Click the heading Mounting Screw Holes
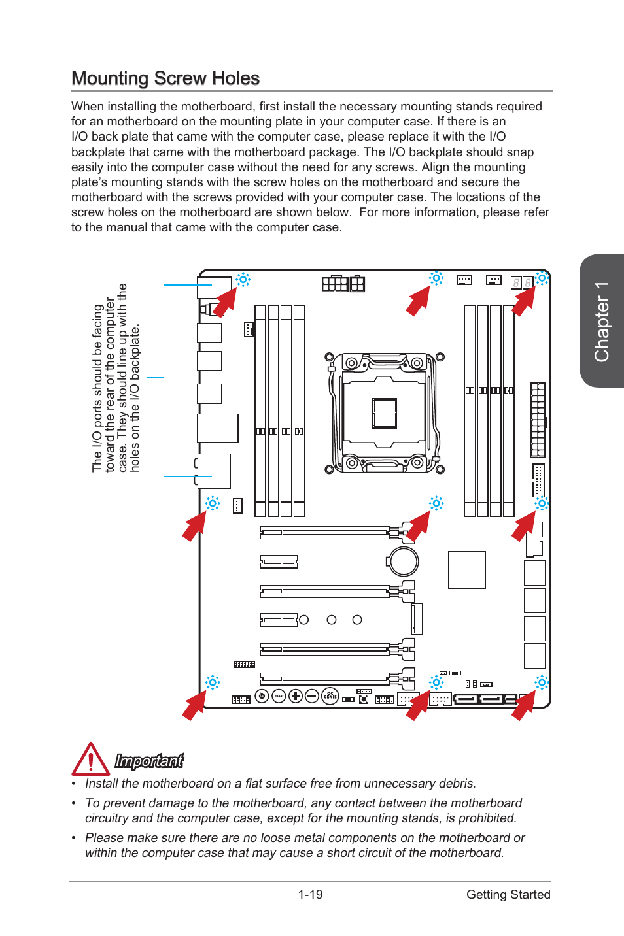click(x=165, y=78)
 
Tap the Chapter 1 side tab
click(x=602, y=321)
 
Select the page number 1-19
click(x=310, y=894)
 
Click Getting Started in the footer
click(x=508, y=894)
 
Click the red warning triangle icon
click(x=90, y=760)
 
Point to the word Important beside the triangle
click(x=149, y=761)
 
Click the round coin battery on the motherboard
click(x=402, y=561)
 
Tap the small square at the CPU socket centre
click(x=385, y=413)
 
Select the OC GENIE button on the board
click(x=330, y=696)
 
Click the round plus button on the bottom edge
click(x=296, y=696)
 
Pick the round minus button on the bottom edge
click(x=312, y=696)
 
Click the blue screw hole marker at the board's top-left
click(x=243, y=280)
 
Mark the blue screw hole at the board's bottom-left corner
click(x=213, y=682)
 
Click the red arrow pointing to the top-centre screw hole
click(x=419, y=301)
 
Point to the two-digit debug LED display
click(x=522, y=282)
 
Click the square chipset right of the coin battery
click(x=467, y=570)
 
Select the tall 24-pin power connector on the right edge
click(x=537, y=419)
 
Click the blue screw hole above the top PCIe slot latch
click(x=436, y=503)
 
